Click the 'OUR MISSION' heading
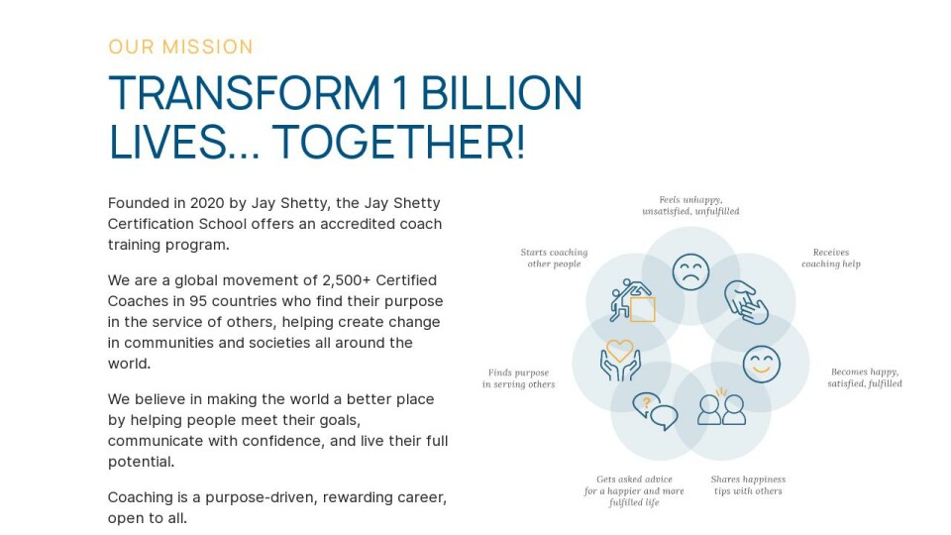(180, 47)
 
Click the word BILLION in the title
(501, 93)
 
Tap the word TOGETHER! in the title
(398, 142)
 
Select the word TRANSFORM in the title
(244, 93)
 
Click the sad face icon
(690, 271)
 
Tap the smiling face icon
(762, 364)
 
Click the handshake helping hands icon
(746, 302)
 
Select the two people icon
(722, 406)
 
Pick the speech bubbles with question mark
(655, 411)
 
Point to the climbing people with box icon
(633, 300)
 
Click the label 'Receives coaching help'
(831, 258)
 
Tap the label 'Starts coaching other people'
(555, 258)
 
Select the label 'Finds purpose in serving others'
(518, 377)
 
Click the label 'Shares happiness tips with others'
(748, 485)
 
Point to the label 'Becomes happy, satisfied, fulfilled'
(865, 377)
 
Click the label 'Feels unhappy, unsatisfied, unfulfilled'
(690, 206)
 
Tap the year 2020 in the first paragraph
(207, 202)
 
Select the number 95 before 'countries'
(198, 301)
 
